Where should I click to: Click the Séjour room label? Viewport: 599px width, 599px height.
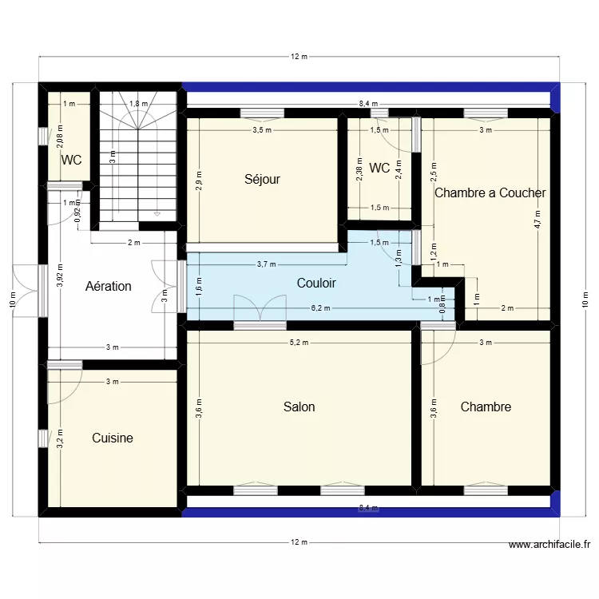pos(262,180)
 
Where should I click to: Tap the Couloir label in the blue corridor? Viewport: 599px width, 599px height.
pos(316,283)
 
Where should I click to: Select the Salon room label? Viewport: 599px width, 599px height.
pos(299,407)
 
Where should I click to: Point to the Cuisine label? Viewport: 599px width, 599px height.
pos(112,438)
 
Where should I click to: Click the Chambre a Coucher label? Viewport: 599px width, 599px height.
pos(490,192)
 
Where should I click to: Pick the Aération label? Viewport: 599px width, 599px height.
pos(108,286)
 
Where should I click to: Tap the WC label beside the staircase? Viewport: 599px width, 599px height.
pos(72,160)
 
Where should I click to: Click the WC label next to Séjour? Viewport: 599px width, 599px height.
pos(379,168)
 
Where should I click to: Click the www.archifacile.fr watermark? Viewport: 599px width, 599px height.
pos(549,545)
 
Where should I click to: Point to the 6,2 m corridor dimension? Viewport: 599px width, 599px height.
pos(318,307)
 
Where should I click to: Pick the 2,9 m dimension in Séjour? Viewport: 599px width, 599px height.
pos(198,180)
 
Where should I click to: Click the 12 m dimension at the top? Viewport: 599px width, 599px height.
pos(299,57)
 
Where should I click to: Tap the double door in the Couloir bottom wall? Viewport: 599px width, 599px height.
pos(259,309)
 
